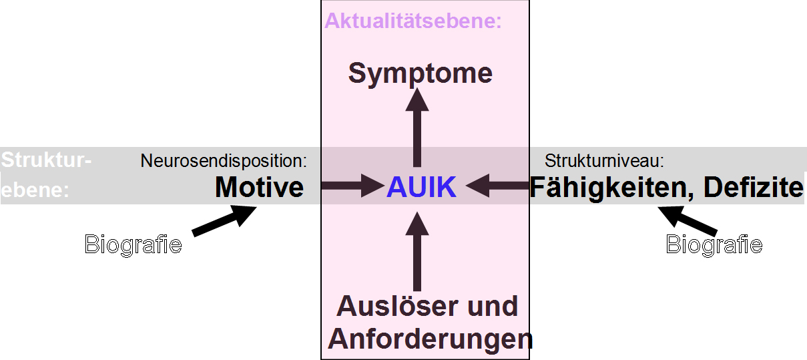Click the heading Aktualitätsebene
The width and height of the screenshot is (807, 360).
pyautogui.click(x=413, y=21)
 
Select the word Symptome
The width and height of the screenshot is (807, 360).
pyautogui.click(x=420, y=73)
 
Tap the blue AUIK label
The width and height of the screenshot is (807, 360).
pyautogui.click(x=421, y=188)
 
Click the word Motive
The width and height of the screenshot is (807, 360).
pyautogui.click(x=260, y=188)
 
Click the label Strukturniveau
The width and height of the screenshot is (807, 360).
pyautogui.click(x=604, y=161)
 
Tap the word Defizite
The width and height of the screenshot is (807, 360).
pyautogui.click(x=754, y=188)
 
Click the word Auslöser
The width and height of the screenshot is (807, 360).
pyautogui.click(x=389, y=307)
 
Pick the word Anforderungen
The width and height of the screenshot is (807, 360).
pyautogui.click(x=431, y=339)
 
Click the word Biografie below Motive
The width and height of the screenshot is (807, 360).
pyautogui.click(x=133, y=244)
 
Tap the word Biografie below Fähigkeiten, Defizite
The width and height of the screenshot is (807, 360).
pyautogui.click(x=714, y=244)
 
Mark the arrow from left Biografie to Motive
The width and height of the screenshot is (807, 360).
pyautogui.click(x=224, y=220)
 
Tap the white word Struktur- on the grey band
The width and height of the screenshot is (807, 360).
pyautogui.click(x=45, y=161)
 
